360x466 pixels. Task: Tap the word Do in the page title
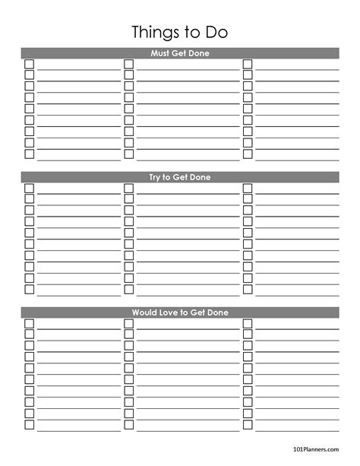(x=214, y=33)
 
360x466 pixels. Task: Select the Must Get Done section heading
(x=179, y=53)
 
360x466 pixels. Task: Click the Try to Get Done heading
(x=179, y=177)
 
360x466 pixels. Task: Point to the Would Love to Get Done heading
(x=179, y=312)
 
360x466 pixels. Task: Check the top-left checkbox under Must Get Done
(x=30, y=64)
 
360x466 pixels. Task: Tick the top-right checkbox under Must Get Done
(x=248, y=64)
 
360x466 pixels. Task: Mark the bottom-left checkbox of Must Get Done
(x=30, y=154)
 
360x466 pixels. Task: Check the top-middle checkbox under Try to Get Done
(x=128, y=188)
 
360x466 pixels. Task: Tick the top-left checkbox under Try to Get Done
(x=30, y=188)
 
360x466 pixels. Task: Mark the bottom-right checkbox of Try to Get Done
(x=248, y=289)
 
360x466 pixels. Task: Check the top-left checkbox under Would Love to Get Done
(x=30, y=323)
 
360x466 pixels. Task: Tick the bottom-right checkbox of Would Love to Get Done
(x=248, y=424)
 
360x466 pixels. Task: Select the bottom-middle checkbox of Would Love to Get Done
(x=128, y=424)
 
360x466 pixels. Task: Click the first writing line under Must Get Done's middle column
(x=188, y=68)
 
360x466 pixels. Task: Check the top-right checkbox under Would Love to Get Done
(x=248, y=323)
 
